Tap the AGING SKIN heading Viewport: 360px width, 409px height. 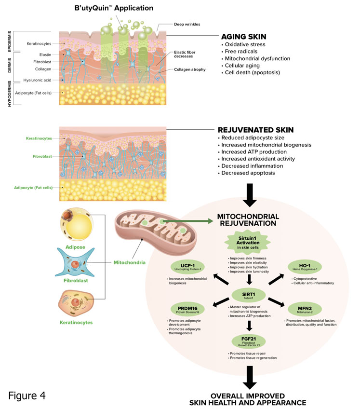243,37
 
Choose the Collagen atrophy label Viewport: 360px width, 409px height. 189,69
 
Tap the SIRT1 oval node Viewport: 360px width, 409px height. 249,294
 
